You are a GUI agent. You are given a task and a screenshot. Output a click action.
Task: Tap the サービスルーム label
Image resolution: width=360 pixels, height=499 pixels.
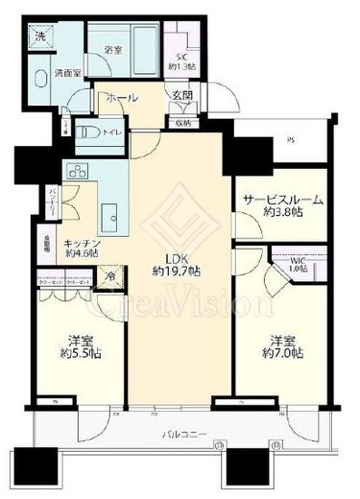click(x=281, y=206)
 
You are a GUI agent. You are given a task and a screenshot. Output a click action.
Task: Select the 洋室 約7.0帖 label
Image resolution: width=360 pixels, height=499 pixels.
click(x=285, y=347)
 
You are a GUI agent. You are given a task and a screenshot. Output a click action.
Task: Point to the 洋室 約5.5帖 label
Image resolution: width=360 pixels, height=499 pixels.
click(x=79, y=347)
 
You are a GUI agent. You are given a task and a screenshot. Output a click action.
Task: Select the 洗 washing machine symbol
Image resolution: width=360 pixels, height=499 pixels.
click(x=40, y=36)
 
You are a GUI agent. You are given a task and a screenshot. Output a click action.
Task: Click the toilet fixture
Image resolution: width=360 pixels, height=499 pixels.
click(x=88, y=131)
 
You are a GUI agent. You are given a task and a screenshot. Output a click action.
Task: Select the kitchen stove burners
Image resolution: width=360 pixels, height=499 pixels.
click(x=77, y=172)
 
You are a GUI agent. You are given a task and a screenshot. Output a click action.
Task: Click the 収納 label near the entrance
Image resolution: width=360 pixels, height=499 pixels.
click(x=183, y=122)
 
